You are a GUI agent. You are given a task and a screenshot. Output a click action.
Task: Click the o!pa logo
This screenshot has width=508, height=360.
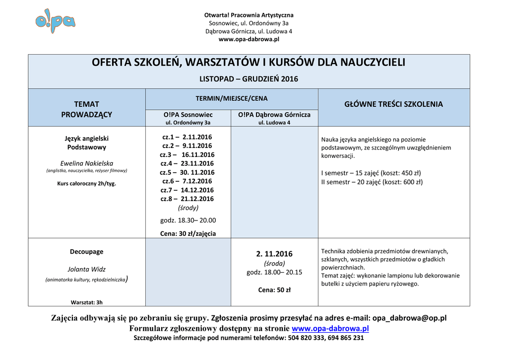55,21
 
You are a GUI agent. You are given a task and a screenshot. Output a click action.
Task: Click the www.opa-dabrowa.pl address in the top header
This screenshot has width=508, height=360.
249,39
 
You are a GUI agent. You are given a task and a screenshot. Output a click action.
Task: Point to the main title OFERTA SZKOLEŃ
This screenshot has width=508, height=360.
249,63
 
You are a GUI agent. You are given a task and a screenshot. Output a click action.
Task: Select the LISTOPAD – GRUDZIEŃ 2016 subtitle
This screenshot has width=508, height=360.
249,79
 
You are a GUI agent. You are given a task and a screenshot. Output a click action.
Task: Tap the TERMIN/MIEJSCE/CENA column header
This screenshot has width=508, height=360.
231,99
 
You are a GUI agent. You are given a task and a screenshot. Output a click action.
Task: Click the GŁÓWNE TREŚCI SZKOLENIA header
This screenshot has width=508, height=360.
393,104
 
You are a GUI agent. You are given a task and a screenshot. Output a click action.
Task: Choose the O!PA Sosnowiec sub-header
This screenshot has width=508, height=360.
188,115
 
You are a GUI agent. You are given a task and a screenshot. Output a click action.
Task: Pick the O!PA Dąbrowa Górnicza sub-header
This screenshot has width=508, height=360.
274,115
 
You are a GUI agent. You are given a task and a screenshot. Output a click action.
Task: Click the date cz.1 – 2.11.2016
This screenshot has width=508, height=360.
187,137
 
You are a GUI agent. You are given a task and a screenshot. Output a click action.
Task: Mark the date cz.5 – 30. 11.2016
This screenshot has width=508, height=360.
187,172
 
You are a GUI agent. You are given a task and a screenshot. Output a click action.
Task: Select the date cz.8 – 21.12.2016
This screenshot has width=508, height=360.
187,199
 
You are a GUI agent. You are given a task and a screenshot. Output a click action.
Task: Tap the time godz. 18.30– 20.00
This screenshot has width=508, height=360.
188,220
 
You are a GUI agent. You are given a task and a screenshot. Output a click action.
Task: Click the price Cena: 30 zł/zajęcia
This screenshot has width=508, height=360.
188,233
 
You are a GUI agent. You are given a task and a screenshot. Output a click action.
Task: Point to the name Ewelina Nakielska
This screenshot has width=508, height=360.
87,163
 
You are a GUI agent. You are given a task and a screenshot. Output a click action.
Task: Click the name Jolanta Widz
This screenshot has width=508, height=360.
87,269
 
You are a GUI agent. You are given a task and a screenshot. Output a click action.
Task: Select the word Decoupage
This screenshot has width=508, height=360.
87,252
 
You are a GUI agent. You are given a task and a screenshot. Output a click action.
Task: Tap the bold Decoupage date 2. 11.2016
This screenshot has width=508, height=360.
274,254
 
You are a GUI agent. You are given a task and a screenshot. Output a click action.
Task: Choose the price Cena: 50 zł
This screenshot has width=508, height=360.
274,290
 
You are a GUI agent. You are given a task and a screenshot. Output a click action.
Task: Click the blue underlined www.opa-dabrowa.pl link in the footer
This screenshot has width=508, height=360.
330,329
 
